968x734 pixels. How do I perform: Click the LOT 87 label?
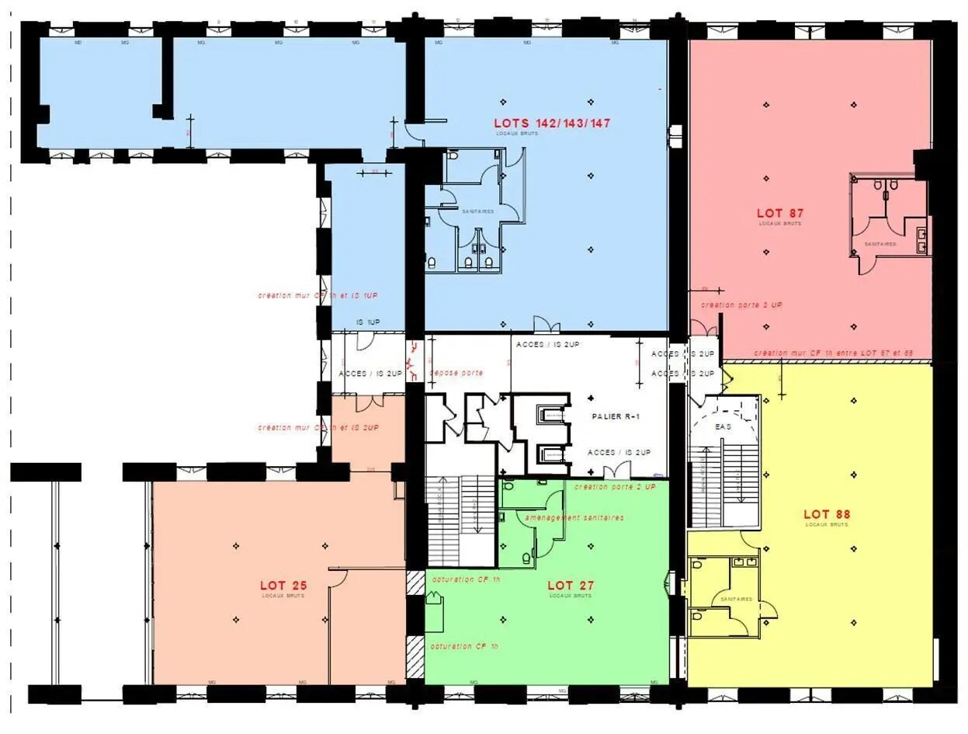tap(779, 213)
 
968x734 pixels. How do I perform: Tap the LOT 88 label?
tap(827, 514)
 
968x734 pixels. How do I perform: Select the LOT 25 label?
tap(283, 585)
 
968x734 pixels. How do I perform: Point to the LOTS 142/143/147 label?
tap(552, 123)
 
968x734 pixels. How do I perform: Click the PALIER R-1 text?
tap(616, 417)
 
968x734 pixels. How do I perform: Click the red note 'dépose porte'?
tap(456, 374)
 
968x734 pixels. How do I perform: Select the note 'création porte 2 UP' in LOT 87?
tap(741, 305)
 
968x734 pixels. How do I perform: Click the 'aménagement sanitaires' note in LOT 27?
tap(574, 517)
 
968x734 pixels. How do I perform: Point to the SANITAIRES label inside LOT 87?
tap(880, 244)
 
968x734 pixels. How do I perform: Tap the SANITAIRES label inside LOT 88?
tap(736, 599)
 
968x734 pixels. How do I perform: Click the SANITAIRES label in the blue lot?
tap(477, 211)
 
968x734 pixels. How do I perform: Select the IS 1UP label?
tap(368, 322)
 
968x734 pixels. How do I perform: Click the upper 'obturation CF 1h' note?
tap(466, 580)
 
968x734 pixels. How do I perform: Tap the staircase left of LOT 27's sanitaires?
tap(460, 520)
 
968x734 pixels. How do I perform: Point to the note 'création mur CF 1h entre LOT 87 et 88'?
tap(832, 353)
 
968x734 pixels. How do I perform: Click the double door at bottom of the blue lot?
tap(546, 325)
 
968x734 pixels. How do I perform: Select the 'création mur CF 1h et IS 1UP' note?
tap(318, 296)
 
